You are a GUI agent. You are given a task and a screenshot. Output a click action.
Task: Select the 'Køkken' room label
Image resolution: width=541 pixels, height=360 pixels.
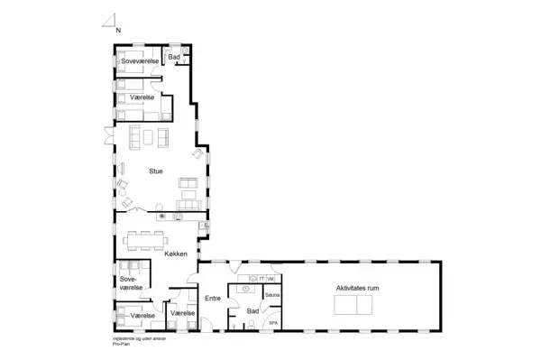point(176,255)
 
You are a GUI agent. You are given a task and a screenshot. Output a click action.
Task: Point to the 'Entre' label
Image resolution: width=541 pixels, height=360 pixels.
point(213,298)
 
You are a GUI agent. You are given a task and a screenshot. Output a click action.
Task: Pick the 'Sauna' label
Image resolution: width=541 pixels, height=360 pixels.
point(273,295)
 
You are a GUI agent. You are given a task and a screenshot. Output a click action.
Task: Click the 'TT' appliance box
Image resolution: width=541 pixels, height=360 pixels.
point(261,279)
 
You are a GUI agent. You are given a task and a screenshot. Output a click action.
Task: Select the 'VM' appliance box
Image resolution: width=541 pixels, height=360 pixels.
point(270,279)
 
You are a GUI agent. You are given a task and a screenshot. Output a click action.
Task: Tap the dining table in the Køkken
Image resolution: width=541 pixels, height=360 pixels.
point(146,240)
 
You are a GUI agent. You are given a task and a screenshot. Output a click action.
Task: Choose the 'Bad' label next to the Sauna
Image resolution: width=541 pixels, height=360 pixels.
point(252,310)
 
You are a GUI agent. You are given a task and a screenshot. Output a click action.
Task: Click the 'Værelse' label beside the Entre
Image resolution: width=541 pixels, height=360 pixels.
point(183,313)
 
